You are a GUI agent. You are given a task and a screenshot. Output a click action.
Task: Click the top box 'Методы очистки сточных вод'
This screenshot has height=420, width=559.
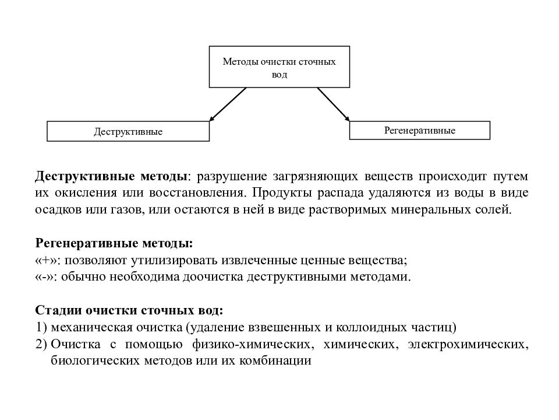click(279, 66)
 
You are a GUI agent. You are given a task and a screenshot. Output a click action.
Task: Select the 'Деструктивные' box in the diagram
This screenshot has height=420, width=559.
click(128, 132)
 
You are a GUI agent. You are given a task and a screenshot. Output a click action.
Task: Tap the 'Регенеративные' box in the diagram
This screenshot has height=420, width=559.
click(419, 130)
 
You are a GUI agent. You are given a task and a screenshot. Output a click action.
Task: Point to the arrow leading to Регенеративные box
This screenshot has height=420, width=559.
click(333, 104)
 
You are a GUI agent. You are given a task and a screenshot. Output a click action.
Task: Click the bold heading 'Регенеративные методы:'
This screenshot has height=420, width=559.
click(114, 243)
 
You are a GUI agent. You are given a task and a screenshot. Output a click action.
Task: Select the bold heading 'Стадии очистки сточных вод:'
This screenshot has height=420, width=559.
click(129, 310)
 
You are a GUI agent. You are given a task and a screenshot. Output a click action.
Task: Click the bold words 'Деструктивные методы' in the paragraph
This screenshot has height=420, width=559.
click(112, 176)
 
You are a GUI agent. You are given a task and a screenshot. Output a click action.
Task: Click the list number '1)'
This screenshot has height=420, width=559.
click(41, 327)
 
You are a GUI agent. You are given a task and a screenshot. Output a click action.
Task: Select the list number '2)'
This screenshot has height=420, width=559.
click(41, 344)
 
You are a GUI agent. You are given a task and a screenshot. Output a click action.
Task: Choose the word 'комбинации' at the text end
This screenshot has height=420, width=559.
click(282, 360)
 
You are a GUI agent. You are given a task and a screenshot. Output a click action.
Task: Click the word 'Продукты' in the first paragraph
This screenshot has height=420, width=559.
click(278, 192)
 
